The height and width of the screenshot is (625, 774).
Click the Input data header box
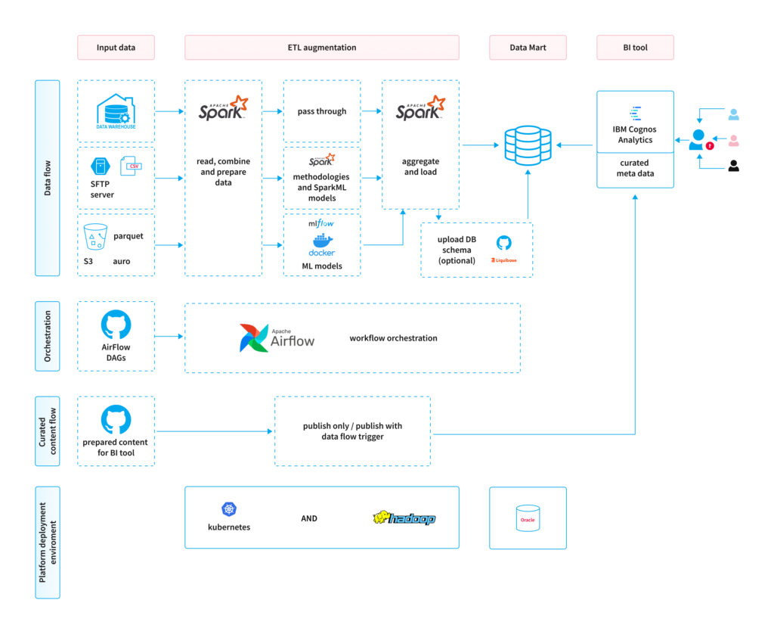point(116,48)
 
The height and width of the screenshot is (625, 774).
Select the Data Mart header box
point(528,48)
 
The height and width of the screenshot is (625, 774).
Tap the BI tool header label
point(635,48)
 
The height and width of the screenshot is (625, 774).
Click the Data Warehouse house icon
point(116,110)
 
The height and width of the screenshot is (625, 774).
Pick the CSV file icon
point(134,167)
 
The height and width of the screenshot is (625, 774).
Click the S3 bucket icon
point(96,238)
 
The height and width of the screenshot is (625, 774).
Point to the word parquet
point(128,236)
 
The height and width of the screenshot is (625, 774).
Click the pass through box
point(321,111)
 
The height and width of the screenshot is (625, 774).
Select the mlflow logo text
point(321,224)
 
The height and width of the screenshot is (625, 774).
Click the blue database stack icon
point(528,144)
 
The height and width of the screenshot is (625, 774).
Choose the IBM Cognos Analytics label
point(635,134)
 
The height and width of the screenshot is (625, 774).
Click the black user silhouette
point(733,166)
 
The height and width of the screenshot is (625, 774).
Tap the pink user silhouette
point(733,141)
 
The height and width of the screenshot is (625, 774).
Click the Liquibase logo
point(503,260)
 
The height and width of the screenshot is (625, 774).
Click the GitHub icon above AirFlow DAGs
point(116,325)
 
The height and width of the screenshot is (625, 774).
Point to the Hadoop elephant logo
point(404,518)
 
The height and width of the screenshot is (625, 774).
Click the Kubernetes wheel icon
point(229,509)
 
